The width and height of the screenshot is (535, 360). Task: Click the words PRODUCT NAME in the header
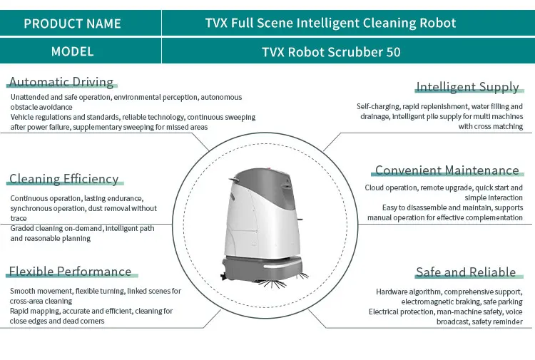pyautogui.click(x=73, y=24)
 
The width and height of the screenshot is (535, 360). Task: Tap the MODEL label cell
pyautogui.click(x=73, y=52)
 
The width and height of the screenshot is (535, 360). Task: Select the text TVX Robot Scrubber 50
pyautogui.click(x=331, y=52)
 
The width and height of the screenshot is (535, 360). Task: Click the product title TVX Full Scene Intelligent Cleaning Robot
pyautogui.click(x=330, y=23)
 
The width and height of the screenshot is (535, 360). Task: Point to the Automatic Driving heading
pyautogui.click(x=61, y=82)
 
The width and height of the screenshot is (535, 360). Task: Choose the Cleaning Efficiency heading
pyautogui.click(x=63, y=179)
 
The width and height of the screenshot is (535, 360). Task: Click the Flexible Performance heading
pyautogui.click(x=70, y=272)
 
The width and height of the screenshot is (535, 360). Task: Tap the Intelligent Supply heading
pyautogui.click(x=467, y=87)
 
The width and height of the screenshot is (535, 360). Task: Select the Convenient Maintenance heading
pyautogui.click(x=447, y=170)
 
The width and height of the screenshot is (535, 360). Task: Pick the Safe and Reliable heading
pyautogui.click(x=466, y=272)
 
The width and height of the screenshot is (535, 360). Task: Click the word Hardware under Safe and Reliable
pyautogui.click(x=393, y=292)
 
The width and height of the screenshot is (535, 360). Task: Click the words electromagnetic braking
pyautogui.click(x=434, y=302)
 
